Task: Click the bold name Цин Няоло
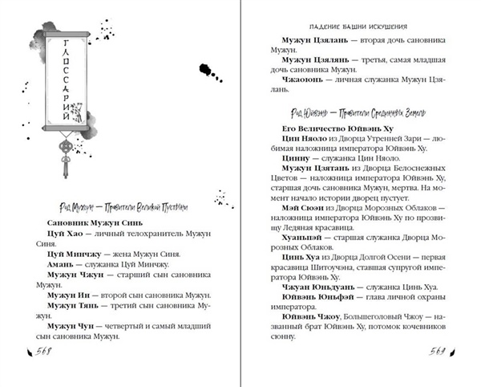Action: [x=297, y=141]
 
